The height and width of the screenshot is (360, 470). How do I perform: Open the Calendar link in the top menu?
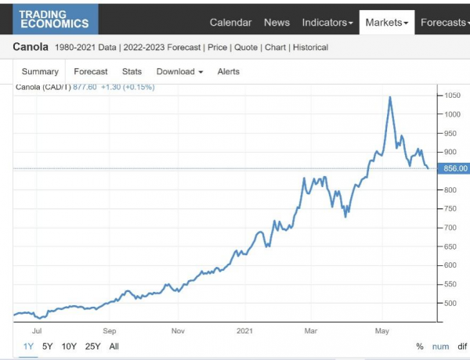pos(230,23)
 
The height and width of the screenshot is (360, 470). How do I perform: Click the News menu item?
pos(277,23)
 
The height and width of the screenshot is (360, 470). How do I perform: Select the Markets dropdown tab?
pos(386,23)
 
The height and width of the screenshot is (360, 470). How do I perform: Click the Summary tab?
pos(40,71)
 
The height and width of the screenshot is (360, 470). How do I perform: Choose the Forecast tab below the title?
pos(90,71)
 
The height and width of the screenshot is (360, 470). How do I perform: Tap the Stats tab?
pos(132,71)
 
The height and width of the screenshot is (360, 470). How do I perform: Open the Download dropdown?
pos(179,71)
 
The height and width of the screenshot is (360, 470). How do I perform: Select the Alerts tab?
pos(228,71)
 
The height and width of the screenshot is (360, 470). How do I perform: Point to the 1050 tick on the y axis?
pos(452,95)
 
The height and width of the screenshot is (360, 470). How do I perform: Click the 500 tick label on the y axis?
pos(450,304)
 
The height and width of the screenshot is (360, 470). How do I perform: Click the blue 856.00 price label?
pos(454,168)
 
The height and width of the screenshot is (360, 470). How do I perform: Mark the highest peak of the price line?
pos(390,97)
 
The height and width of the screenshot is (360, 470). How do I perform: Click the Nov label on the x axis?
pos(177,330)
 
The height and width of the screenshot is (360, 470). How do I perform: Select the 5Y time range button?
pos(48,346)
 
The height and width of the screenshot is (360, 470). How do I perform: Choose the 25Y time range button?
pos(92,346)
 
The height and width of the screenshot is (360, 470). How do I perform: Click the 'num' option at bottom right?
pos(441,346)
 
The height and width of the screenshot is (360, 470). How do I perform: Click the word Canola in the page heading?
pos(31,47)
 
